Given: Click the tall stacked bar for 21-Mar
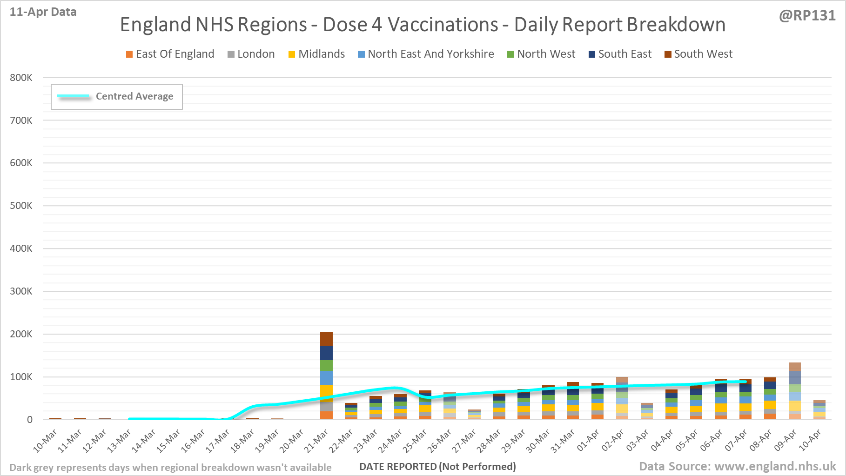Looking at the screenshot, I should (326, 376).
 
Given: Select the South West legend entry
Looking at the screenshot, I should (698, 54).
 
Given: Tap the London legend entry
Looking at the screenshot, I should (251, 54).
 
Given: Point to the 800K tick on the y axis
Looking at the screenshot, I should (21, 78).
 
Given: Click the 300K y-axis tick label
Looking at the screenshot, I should (21, 291).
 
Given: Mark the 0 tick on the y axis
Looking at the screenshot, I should (30, 420).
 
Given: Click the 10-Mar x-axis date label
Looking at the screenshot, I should (45, 441).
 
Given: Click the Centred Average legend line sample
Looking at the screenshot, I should (73, 96).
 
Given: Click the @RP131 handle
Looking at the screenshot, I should (807, 16).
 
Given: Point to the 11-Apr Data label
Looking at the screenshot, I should (43, 12).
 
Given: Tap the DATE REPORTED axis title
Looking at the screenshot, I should (437, 467).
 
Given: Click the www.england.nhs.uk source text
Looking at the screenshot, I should (775, 466).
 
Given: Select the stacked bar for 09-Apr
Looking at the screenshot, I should (795, 391).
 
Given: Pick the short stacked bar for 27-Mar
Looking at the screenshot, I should (474, 415).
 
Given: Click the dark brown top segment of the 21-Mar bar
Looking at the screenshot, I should (326, 339).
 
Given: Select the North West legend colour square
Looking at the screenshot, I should (510, 54).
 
